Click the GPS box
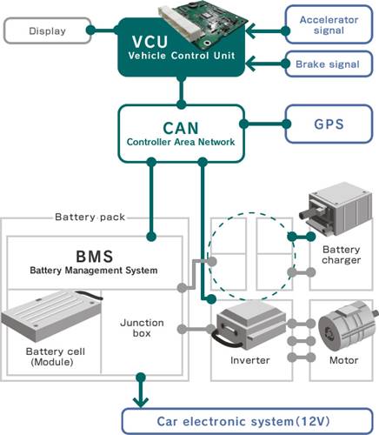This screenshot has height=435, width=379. click(x=328, y=124)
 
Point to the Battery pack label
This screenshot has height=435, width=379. click(x=83, y=217)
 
